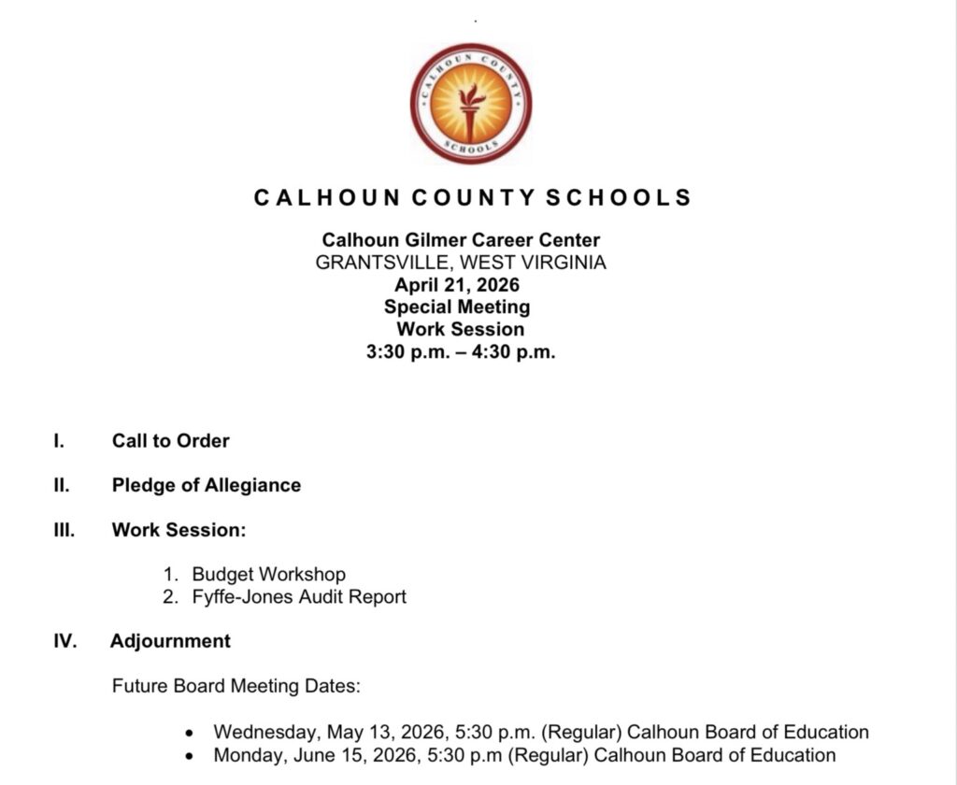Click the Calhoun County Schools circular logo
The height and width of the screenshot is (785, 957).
click(471, 104)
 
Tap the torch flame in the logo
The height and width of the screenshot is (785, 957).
click(472, 95)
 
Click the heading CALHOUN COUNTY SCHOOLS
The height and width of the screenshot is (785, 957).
click(473, 197)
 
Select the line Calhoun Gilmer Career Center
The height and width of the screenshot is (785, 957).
click(461, 240)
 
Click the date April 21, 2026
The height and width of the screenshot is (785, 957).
click(457, 285)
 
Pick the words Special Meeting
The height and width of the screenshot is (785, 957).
click(457, 307)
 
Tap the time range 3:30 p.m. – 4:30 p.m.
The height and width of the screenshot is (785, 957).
click(461, 352)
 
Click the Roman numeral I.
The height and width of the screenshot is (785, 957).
click(59, 440)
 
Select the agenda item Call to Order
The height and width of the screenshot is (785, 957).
click(170, 440)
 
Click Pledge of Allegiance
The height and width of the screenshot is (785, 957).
click(207, 485)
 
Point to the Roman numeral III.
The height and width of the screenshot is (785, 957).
click(64, 530)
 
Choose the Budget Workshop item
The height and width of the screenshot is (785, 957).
click(268, 574)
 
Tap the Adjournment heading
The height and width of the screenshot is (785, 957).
click(170, 641)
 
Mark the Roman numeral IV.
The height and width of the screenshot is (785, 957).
click(64, 641)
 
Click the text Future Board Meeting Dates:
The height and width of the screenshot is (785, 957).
click(236, 686)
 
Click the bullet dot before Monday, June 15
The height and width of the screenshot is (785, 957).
click(192, 756)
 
